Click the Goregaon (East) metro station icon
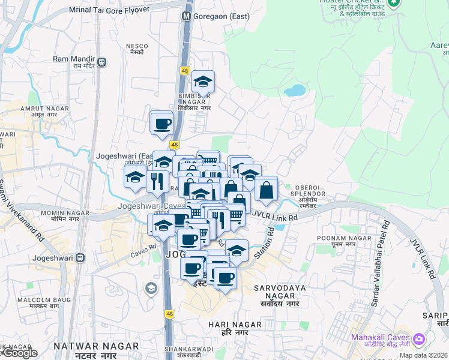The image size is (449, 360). tap(187, 17)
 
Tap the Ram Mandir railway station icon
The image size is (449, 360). tap(103, 61)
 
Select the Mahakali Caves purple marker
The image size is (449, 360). tap(418, 340)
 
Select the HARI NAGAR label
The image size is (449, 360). tap(234, 325)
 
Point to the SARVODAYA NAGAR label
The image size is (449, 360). tap(280, 288)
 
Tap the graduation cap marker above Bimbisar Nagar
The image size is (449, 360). tap(203, 81)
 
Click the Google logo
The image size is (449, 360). tap(20, 353)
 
